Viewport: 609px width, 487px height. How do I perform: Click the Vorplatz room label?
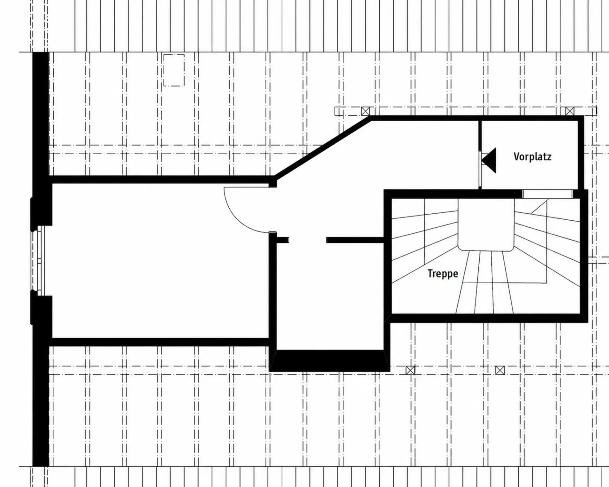[x=532, y=157]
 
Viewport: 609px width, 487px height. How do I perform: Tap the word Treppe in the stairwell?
[x=443, y=273]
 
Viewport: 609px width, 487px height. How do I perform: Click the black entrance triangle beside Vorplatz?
[x=489, y=160]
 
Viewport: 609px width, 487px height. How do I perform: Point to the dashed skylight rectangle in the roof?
[x=174, y=70]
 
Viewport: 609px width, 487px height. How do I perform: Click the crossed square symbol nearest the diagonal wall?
[x=365, y=111]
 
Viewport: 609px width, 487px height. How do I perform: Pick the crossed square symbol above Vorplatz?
[x=570, y=111]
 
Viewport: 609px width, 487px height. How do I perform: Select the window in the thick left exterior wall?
[x=39, y=261]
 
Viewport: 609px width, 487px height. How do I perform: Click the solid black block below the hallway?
[x=330, y=361]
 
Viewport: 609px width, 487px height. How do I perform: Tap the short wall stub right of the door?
[x=282, y=240]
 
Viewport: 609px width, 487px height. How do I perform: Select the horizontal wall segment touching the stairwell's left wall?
[x=355, y=240]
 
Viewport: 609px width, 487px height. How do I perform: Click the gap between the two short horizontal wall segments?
[x=308, y=240]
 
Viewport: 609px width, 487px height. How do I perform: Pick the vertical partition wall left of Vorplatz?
[x=480, y=155]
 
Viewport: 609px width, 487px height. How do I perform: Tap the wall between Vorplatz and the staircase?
[x=454, y=194]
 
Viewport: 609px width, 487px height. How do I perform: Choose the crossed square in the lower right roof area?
[x=500, y=370]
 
